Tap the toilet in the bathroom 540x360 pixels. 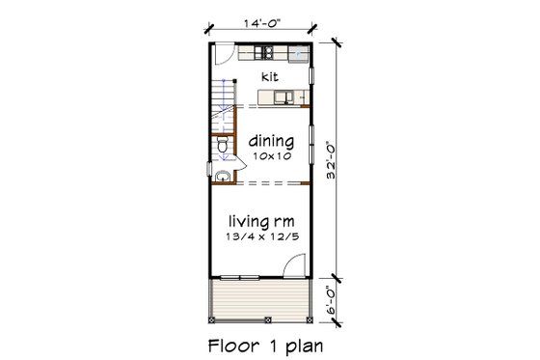[x=221, y=146]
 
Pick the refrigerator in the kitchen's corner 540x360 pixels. [x=299, y=55]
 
